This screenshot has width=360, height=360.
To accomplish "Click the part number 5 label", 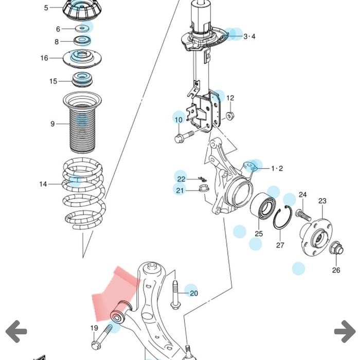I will [x=46, y=8].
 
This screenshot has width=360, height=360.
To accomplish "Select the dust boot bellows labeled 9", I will [x=82, y=123].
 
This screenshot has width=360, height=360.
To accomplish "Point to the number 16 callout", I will [x=44, y=58].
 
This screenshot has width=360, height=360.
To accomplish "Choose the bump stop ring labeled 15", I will [x=82, y=81].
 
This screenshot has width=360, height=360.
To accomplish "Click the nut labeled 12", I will [x=230, y=115].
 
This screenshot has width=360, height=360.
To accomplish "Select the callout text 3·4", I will [x=249, y=36].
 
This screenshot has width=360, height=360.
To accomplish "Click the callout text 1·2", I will [x=277, y=168].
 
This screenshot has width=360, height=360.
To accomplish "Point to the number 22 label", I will [x=181, y=179].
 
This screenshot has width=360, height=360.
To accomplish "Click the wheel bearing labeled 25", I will [x=263, y=208].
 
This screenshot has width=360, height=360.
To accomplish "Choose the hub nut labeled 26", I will [x=335, y=248].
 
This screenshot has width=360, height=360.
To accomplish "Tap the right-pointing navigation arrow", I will [x=344, y=331].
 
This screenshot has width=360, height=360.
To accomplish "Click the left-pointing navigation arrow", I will [x=16, y=331].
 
